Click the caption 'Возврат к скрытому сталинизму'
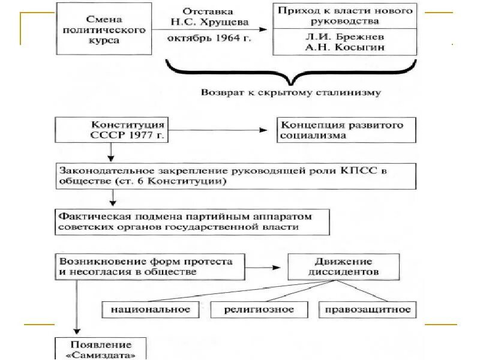pyautogui.click(x=290, y=92)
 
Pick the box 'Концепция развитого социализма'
pyautogui.click(x=346, y=130)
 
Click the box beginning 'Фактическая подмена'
pyautogui.click(x=192, y=221)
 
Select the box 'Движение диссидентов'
pyautogui.click(x=344, y=266)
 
